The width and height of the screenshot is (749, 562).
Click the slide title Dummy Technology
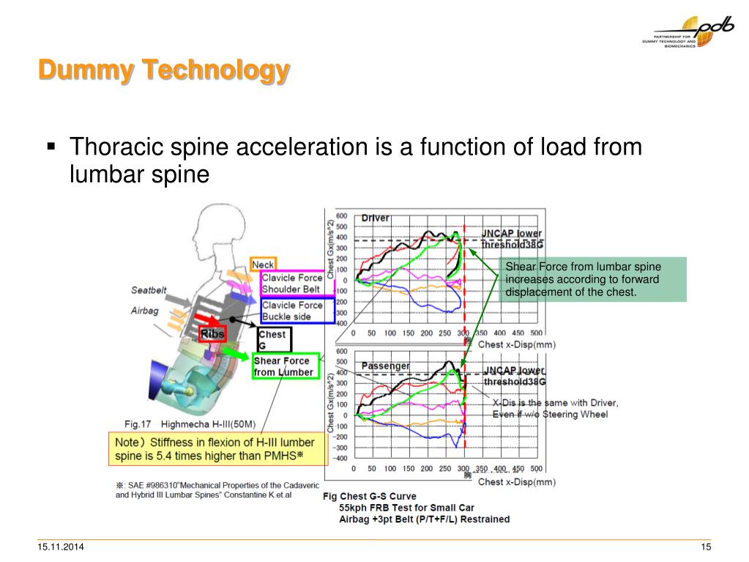(163, 71)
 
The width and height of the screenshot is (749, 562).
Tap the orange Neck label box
(263, 265)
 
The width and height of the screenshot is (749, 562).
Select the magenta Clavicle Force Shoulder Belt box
(292, 283)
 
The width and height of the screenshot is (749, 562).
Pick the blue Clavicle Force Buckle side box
(292, 311)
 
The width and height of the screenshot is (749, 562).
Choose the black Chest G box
(274, 339)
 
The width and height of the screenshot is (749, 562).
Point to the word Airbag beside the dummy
(145, 310)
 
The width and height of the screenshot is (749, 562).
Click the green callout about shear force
(594, 279)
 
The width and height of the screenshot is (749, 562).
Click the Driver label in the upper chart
(376, 218)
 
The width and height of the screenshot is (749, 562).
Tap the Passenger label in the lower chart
(386, 366)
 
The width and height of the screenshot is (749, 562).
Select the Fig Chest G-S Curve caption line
(370, 496)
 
